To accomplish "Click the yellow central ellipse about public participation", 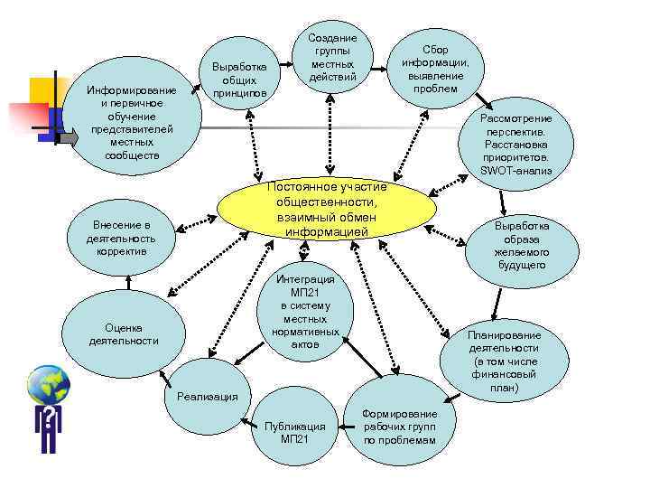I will click(327, 211).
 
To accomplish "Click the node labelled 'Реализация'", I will click(207, 395).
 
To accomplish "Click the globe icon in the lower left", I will click(48, 385).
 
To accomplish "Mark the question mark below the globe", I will click(47, 418).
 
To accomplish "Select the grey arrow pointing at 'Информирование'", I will click(69, 138).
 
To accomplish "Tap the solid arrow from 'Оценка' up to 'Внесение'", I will click(128, 282).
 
